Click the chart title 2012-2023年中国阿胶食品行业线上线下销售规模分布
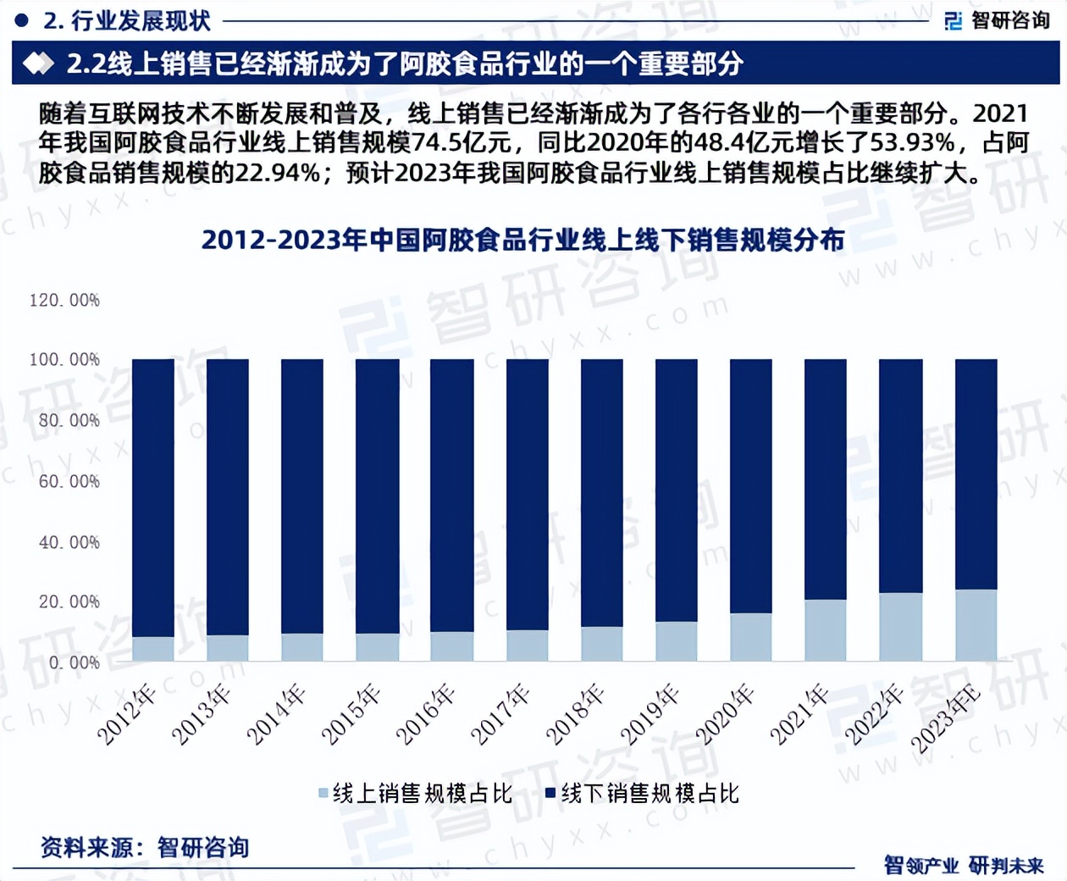tap(522, 241)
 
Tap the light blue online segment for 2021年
tap(825, 630)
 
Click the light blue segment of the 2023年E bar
tap(976, 625)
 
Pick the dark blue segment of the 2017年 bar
tap(527, 495)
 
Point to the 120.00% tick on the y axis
tap(64, 300)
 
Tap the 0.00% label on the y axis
tap(74, 662)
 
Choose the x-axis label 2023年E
tap(946, 720)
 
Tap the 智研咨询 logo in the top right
tap(998, 20)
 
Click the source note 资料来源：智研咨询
tap(145, 847)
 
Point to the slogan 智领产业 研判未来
tap(964, 865)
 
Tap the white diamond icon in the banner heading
tap(38, 64)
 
